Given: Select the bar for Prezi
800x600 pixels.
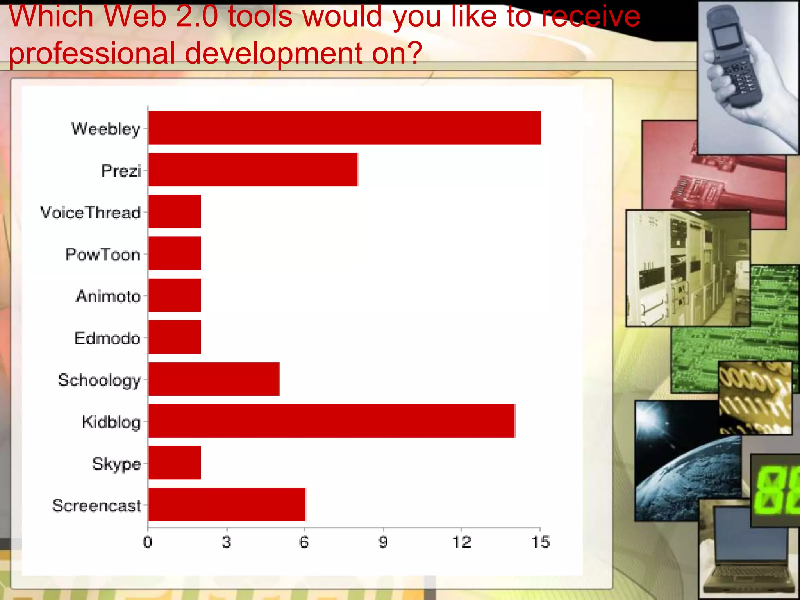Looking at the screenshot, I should [253, 170].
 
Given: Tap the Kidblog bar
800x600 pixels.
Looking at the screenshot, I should [331, 421].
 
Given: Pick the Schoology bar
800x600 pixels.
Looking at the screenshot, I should [214, 379].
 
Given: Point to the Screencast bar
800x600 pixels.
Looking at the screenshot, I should [227, 504].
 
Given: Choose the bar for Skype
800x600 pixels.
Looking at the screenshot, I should [175, 462].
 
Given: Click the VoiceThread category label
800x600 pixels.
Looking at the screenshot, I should [91, 213].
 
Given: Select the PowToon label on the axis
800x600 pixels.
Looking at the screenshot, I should [103, 255].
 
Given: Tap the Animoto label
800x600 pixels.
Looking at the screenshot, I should [108, 296].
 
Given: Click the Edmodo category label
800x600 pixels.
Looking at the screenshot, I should [107, 338].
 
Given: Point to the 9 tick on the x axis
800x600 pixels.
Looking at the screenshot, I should [383, 542].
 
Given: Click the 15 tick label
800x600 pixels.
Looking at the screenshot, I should [540, 542].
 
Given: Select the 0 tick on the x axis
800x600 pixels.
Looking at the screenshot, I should [148, 542].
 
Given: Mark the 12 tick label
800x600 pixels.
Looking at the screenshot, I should [462, 542].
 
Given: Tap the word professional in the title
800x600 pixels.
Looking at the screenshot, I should [92, 54].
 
